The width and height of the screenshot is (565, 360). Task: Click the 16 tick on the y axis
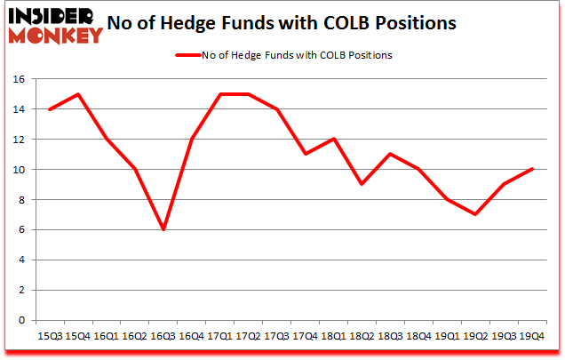tap(18, 79)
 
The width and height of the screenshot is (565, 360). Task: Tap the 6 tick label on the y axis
tap(20, 230)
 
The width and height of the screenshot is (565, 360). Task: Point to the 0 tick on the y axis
tap(20, 321)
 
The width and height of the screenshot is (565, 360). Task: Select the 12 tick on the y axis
tap(18, 140)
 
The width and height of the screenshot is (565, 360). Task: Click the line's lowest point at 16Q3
tap(163, 229)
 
